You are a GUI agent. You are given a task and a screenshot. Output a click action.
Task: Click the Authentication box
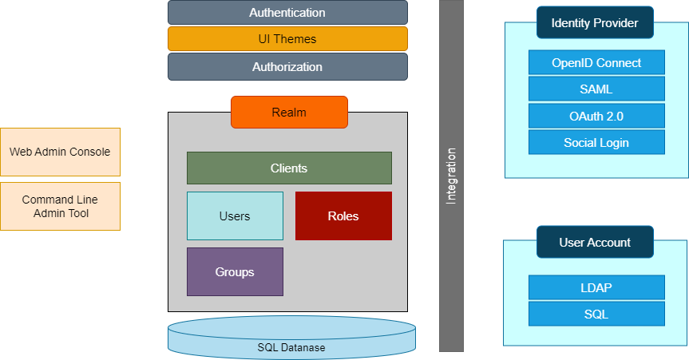[287, 13]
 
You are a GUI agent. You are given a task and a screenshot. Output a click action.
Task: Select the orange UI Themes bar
[287, 39]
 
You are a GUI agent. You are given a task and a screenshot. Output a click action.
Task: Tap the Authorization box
[287, 67]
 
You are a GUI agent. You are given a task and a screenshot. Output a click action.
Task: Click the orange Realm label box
[289, 113]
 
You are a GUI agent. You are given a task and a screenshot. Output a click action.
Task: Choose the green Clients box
[289, 168]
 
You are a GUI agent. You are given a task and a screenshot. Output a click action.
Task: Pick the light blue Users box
[235, 216]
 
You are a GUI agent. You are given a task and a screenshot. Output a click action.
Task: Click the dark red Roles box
[343, 216]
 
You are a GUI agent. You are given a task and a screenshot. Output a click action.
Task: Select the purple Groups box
[235, 272]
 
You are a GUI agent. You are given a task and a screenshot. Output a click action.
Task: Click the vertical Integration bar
[451, 176]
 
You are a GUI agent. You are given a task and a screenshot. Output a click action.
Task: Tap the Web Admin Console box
[60, 152]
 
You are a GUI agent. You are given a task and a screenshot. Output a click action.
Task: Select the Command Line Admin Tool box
[60, 207]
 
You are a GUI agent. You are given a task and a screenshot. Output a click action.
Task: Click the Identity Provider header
[595, 23]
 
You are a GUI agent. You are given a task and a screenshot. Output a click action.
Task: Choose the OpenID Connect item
[596, 63]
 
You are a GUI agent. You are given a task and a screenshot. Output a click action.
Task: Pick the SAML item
[596, 89]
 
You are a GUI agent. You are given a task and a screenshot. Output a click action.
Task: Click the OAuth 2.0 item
[596, 116]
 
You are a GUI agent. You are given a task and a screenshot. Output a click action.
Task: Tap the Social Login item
[596, 143]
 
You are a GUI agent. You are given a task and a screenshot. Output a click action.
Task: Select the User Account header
[595, 243]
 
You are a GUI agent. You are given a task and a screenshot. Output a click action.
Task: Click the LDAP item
[596, 287]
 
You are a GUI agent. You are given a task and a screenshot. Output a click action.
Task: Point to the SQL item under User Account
[596, 314]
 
